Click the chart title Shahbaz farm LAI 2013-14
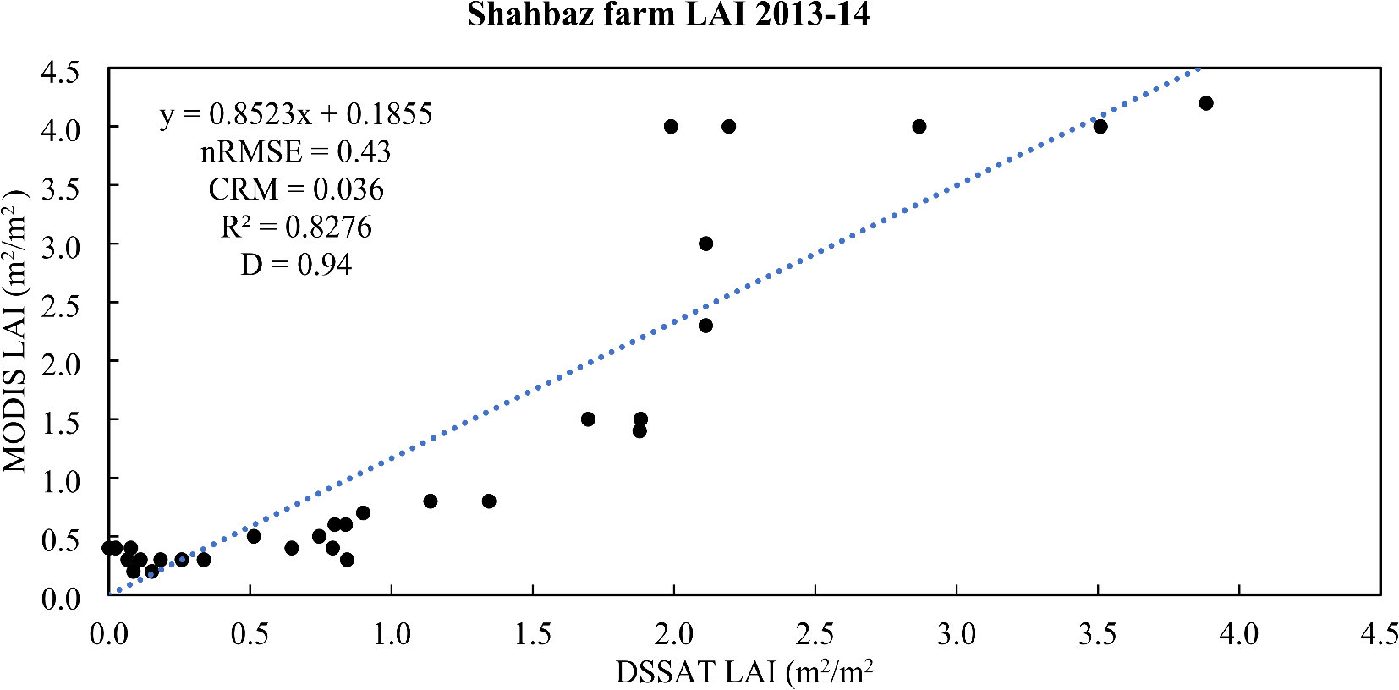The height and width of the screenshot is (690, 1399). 668,14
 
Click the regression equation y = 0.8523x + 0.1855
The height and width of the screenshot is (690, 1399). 296,114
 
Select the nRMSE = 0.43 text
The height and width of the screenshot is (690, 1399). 296,152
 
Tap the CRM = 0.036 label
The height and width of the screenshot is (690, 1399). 296,189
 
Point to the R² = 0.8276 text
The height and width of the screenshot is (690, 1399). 296,227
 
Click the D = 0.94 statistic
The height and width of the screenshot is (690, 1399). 296,266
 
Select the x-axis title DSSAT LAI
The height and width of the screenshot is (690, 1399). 744,672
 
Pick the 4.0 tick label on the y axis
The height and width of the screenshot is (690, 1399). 60,129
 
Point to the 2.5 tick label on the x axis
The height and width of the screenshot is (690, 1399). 815,634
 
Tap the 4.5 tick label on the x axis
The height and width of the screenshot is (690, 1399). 1380,634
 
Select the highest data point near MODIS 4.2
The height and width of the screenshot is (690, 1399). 1206,103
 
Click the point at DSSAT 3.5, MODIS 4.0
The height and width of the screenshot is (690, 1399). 1100,127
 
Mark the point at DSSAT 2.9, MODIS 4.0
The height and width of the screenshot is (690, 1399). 919,127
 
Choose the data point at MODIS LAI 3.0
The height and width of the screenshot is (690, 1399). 706,244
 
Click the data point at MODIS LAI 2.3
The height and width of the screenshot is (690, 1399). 706,326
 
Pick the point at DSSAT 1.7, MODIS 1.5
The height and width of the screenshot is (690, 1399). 589,419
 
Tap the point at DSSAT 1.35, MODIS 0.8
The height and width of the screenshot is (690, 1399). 489,501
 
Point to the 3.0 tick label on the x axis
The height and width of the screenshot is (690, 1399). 957,634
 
